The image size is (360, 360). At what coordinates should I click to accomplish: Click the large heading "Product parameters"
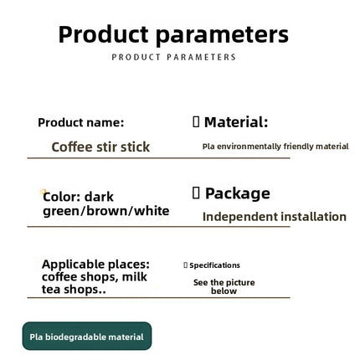click(x=173, y=34)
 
